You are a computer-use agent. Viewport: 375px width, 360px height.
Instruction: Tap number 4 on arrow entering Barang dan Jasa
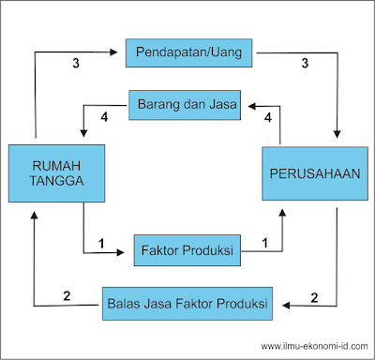point(268,118)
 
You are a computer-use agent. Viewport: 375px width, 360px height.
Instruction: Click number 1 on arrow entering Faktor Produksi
point(100,244)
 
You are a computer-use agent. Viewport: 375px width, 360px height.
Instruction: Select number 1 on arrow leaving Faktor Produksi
point(265,244)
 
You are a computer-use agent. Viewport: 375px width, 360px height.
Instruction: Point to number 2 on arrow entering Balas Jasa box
point(316,297)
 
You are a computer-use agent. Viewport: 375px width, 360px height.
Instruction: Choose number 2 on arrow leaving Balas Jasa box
point(67,297)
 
